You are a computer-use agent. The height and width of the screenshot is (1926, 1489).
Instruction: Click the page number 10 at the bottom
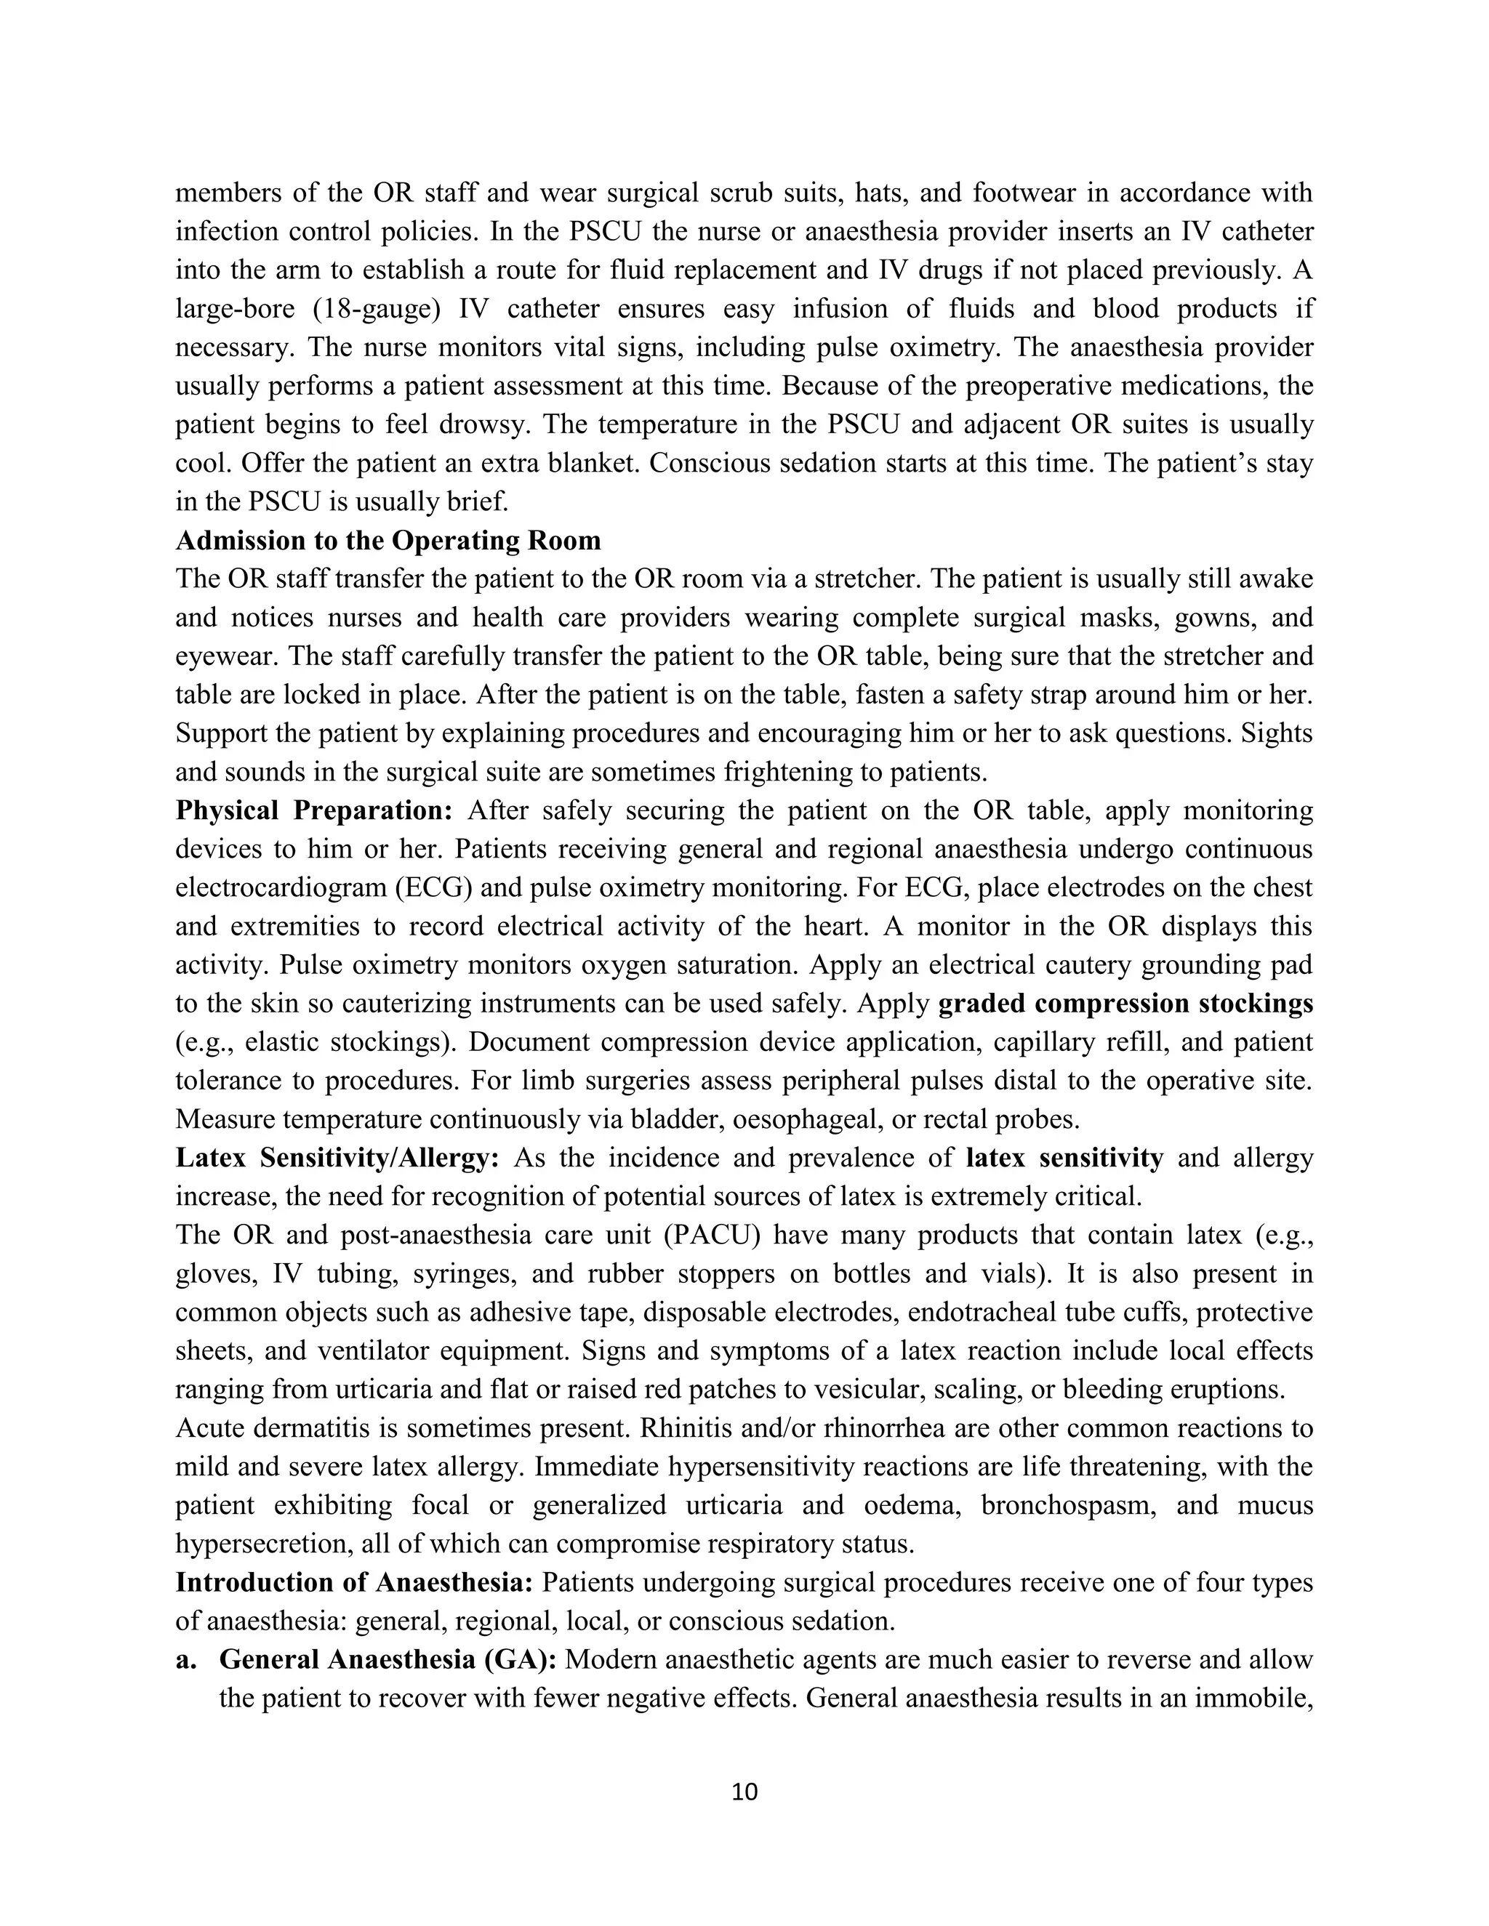(744, 1792)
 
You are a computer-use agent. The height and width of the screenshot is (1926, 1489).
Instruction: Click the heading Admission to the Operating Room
(388, 541)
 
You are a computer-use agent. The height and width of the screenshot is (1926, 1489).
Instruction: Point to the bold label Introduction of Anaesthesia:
(355, 1582)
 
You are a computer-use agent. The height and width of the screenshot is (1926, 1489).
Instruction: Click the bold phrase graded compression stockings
(1125, 1004)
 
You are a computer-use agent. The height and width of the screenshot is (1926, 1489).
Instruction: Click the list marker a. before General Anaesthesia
(185, 1660)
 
